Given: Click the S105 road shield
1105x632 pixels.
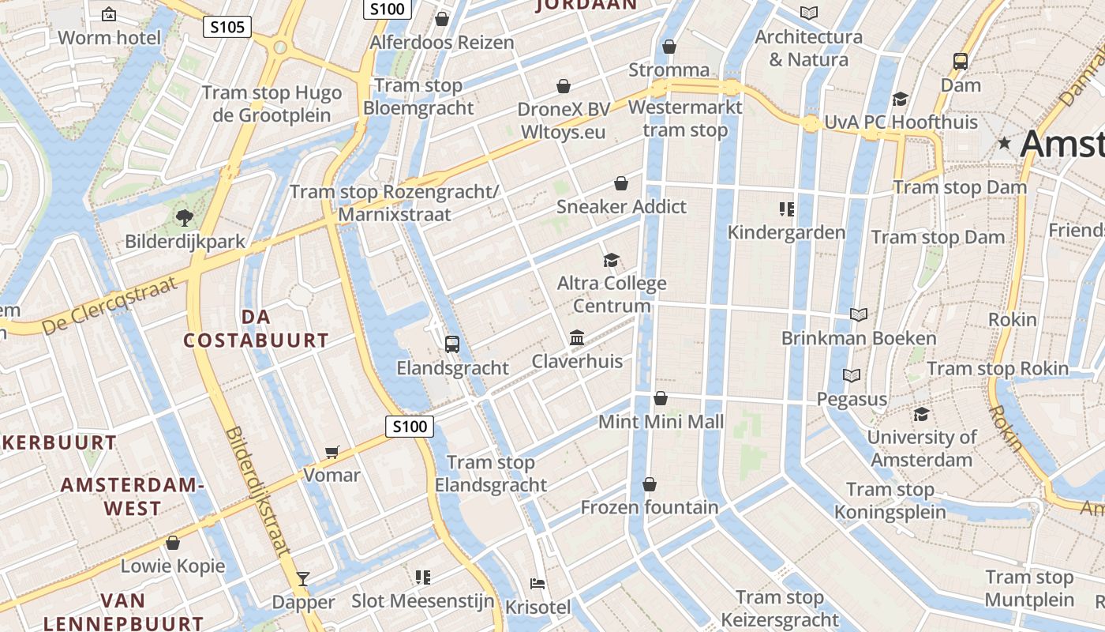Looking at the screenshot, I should [x=227, y=28].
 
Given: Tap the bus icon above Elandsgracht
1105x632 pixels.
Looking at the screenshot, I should [x=451, y=344].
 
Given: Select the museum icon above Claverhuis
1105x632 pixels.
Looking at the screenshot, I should [x=577, y=338].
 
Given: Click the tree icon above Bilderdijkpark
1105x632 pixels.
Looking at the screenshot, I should [x=185, y=217].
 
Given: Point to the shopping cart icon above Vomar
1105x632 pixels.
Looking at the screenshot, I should [x=332, y=452].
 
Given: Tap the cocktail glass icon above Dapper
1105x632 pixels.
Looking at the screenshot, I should [x=302, y=578].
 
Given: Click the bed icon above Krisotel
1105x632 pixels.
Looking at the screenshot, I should [x=538, y=584].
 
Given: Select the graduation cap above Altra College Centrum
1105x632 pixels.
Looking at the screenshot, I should [x=611, y=260].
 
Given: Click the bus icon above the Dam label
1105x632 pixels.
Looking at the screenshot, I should [x=961, y=61].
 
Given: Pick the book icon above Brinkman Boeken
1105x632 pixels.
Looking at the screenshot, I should [x=859, y=314].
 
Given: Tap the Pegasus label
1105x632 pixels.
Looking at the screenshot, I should [x=852, y=399].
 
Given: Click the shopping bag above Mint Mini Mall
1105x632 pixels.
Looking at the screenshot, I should [x=661, y=398].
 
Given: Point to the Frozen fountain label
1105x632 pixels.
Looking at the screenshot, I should [x=650, y=507].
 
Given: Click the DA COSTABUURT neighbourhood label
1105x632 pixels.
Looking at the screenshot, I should [x=256, y=329].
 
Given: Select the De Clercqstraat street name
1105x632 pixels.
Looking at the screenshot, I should [x=110, y=304].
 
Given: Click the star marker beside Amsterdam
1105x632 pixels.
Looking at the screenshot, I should [x=1004, y=144].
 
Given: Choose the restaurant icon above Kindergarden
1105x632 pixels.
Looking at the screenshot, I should [x=786, y=209].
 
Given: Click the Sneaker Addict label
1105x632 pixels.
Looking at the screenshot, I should [x=621, y=207].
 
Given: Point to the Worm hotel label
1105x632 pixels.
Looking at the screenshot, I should [x=109, y=37].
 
